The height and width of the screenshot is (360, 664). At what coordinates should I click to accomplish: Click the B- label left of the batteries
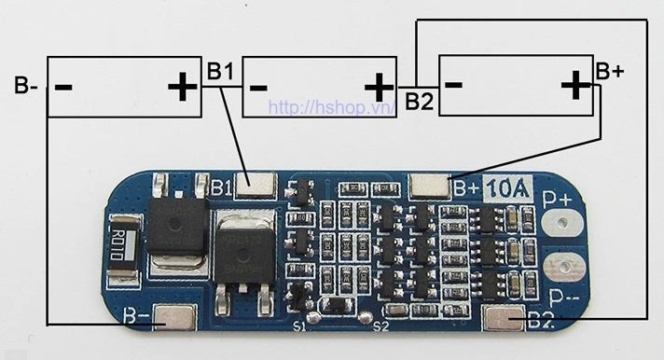click(26, 87)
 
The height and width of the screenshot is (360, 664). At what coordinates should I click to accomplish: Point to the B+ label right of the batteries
click(610, 71)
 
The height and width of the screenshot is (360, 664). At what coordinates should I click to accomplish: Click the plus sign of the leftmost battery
click(182, 88)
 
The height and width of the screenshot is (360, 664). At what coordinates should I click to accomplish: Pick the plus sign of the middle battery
click(379, 88)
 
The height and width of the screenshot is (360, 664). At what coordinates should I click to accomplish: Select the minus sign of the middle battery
click(258, 88)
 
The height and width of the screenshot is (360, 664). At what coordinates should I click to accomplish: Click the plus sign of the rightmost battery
click(575, 87)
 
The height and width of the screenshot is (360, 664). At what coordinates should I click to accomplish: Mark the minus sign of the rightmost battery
click(454, 84)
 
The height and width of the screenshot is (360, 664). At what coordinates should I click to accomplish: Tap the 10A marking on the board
click(508, 189)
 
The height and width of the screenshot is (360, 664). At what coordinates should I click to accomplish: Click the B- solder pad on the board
click(173, 321)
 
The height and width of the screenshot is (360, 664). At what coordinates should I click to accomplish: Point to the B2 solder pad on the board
click(505, 321)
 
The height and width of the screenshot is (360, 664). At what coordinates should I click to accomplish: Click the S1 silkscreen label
click(298, 326)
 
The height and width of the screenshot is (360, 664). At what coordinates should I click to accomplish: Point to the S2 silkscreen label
click(380, 326)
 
